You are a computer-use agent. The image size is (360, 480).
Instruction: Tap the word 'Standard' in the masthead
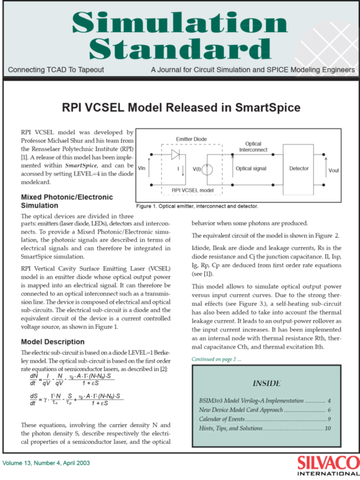point(180,48)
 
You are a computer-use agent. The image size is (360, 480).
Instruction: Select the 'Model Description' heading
point(52,341)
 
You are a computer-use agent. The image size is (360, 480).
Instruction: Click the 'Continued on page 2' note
point(214,358)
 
